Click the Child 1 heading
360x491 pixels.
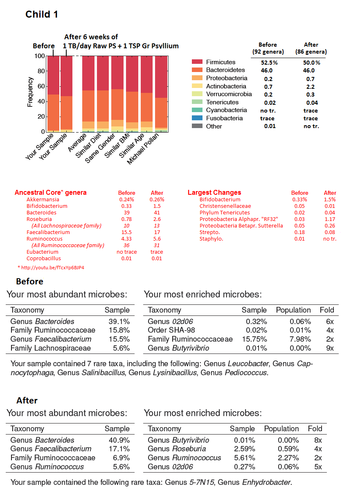pos(42,14)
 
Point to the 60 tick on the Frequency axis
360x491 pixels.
pos(40,86)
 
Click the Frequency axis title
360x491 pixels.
pos(30,92)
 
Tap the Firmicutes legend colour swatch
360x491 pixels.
pos(197,62)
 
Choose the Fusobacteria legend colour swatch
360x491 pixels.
pos(197,118)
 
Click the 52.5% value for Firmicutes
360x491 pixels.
pos(269,63)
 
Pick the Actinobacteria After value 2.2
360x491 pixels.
pos(310,86)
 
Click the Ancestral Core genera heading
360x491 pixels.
pos(51,193)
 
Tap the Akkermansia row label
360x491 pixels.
pos(43,199)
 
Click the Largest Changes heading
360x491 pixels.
pos(214,193)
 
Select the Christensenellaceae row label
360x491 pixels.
pos(225,206)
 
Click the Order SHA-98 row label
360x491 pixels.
pos(171,330)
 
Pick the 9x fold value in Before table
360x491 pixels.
pos(330,348)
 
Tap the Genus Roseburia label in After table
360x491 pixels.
pos(177,449)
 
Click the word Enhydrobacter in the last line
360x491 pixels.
pos(266,482)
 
